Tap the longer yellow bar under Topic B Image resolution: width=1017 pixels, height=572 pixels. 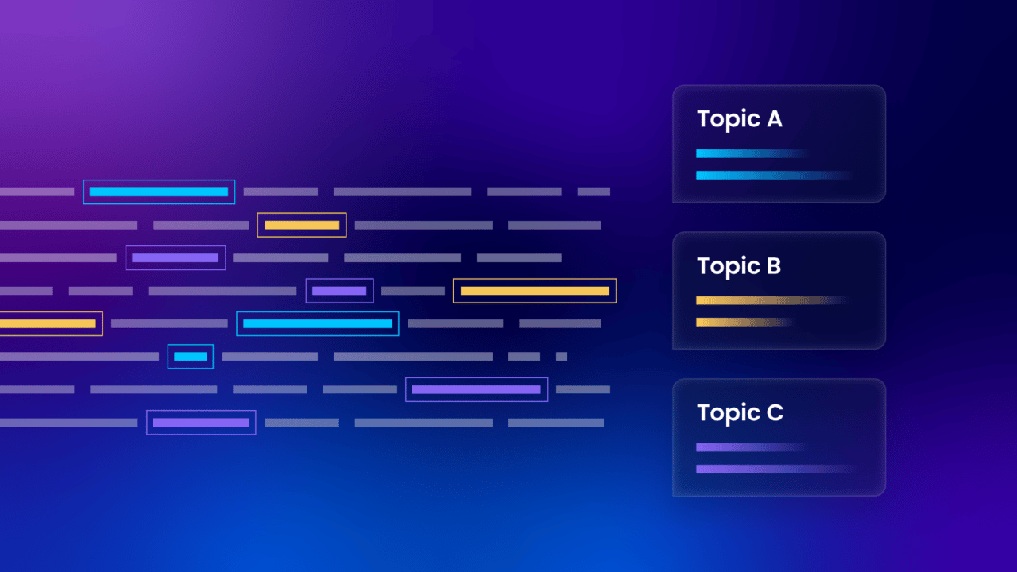point(767,300)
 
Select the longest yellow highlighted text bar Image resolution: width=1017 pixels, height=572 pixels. point(535,291)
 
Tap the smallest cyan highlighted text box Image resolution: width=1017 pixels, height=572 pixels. point(191,357)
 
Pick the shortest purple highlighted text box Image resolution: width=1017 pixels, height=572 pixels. point(339,291)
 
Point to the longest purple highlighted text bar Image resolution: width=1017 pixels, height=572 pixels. point(477,389)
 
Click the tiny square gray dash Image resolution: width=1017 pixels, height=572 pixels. point(562,357)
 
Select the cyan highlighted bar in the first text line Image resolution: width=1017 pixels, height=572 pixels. point(159,192)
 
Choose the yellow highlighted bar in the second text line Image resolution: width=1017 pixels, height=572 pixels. point(302,225)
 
